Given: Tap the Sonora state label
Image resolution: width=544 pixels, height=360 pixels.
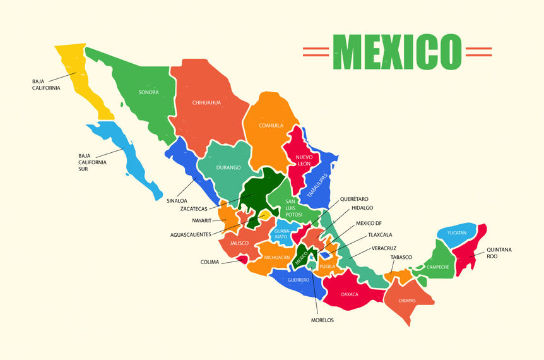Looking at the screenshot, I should click(x=148, y=92).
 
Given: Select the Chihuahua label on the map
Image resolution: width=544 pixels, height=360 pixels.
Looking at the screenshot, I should click(x=206, y=102).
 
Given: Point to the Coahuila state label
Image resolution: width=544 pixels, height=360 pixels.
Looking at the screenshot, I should click(x=271, y=125).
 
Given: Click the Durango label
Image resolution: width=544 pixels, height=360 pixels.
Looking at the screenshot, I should click(x=228, y=167).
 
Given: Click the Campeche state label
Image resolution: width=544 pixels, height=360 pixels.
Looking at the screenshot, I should click(x=437, y=267).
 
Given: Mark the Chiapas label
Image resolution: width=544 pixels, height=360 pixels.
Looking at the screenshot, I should click(x=407, y=300).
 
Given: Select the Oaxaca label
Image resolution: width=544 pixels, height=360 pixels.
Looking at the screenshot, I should click(x=350, y=294).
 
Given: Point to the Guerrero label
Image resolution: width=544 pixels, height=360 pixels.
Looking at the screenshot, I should click(x=298, y=279).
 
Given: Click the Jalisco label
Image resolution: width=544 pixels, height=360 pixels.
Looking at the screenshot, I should click(x=239, y=243).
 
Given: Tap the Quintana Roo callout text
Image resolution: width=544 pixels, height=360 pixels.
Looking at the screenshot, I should click(x=499, y=253).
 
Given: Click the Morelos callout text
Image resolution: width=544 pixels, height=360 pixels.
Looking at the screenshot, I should click(x=322, y=320).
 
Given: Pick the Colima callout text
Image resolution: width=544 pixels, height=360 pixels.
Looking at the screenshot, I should click(x=210, y=262).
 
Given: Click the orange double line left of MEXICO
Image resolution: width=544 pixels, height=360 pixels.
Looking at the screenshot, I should click(x=316, y=52).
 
